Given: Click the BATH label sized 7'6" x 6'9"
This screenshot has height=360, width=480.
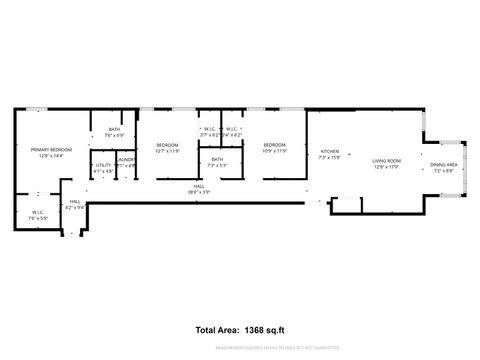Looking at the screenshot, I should tap(114, 129).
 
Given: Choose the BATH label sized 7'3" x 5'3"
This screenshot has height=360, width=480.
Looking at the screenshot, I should tap(216, 160).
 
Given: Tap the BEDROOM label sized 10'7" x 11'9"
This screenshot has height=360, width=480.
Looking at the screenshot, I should tap(167, 146).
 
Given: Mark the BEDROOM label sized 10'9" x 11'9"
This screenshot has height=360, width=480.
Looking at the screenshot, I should tap(275, 146).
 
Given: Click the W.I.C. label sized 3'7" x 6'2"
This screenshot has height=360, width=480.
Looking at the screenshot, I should tap(209, 129).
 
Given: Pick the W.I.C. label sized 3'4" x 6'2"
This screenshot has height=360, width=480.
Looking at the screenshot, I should tap(231, 129).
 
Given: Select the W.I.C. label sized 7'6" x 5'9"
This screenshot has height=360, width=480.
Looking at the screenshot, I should tap(38, 212).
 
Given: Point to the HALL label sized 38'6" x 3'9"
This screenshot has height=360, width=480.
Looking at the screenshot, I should tap(200, 187).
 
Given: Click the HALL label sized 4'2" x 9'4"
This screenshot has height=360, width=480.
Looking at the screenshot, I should tap(75, 202).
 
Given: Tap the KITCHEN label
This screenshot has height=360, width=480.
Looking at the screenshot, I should tap(329, 151).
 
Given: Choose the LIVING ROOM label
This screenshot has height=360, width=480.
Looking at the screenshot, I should tap(386, 160).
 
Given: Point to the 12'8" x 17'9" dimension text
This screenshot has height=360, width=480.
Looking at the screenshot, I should tap(386, 166).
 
